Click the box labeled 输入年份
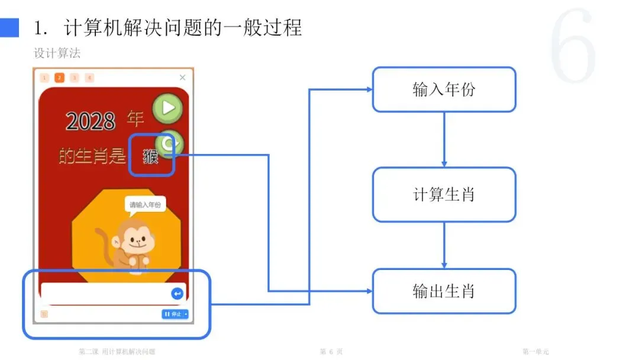point(444,89)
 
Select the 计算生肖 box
point(444,195)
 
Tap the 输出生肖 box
point(444,291)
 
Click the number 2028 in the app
point(91,121)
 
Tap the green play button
point(168,108)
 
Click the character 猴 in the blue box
point(151,157)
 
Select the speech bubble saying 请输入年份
point(145,205)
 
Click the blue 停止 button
point(175,314)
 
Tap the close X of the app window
point(182,78)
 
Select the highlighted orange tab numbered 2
point(59,78)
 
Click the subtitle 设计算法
point(57,53)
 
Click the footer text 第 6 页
point(331,352)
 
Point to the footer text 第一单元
point(535,352)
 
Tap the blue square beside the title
point(9,27)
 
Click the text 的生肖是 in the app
point(92,156)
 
